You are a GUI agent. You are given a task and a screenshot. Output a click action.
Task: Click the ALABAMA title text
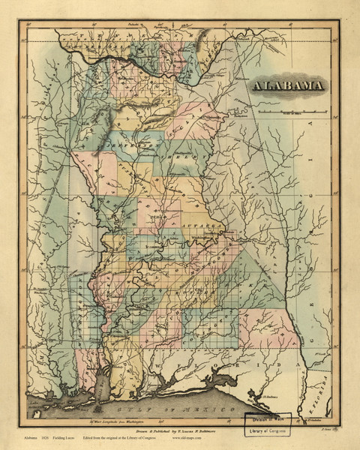289,85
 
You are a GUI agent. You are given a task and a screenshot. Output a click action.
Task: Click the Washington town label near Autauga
203,239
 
